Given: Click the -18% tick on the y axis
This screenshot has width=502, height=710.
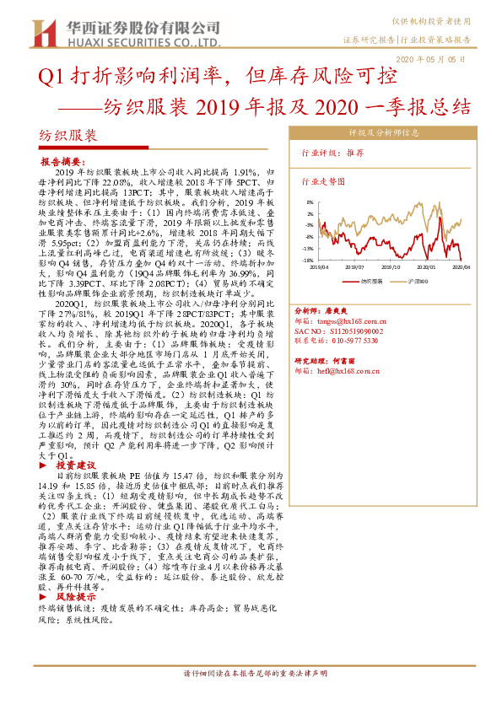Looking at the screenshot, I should click(x=310, y=261).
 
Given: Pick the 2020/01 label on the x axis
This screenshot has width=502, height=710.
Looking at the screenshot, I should click(x=424, y=266).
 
